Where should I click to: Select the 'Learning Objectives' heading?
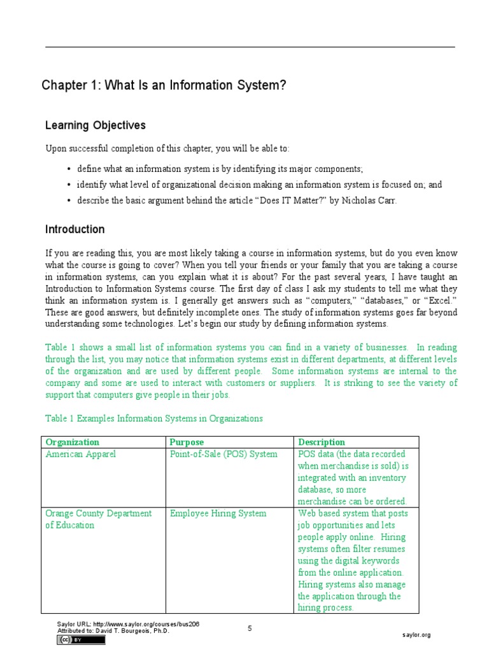click(x=96, y=125)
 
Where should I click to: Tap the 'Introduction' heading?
click(x=75, y=229)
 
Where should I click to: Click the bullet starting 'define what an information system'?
click(x=220, y=169)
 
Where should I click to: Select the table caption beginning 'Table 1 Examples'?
click(x=154, y=418)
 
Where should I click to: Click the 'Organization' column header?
click(x=73, y=442)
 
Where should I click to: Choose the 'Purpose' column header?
click(x=187, y=442)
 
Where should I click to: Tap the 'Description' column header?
click(x=322, y=442)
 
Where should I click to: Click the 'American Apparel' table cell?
click(x=81, y=454)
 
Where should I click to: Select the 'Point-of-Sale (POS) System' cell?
click(x=224, y=454)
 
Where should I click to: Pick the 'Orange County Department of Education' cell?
click(x=99, y=519)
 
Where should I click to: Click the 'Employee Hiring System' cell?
click(x=218, y=513)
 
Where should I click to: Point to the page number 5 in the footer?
click(x=250, y=628)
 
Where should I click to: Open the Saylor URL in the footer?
click(x=128, y=624)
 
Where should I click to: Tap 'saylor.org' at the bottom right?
click(x=417, y=635)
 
